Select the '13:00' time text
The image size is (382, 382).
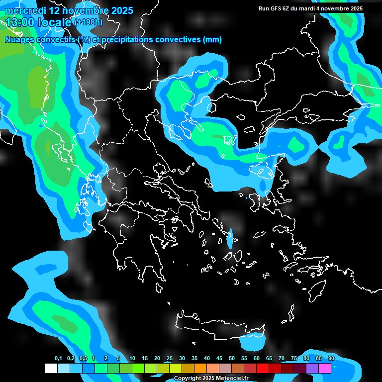tap(18, 22)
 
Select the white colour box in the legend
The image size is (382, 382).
tap(51, 369)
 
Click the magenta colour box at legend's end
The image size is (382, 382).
tap(325, 369)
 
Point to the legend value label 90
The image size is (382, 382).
tap(331, 358)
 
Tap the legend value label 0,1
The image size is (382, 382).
tap(58, 358)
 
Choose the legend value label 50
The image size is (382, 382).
tap(232, 358)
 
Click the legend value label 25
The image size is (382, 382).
tap(170, 358)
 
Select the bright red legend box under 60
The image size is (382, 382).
tap(263, 369)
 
